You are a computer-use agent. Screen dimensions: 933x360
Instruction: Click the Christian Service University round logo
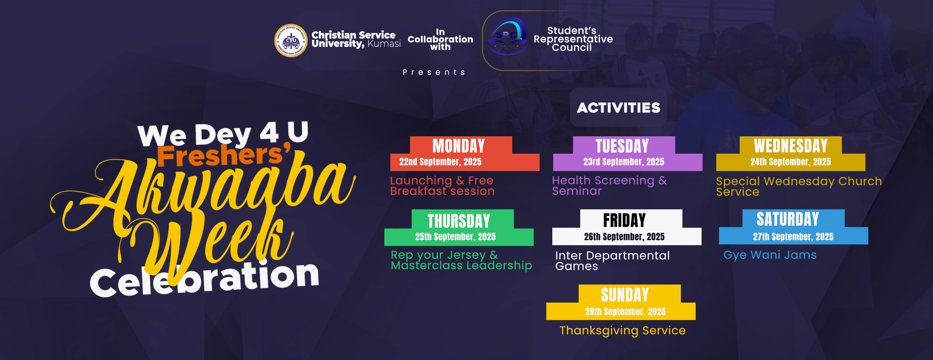291,41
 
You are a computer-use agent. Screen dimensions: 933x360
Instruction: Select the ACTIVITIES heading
618,108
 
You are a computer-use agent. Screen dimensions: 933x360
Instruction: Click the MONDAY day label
459,146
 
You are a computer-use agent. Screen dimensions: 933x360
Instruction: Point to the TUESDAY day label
622,146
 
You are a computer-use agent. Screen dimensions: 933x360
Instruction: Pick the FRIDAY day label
624,220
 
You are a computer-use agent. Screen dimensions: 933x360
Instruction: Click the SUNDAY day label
625,295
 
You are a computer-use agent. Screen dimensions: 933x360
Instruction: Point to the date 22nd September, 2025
440,162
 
